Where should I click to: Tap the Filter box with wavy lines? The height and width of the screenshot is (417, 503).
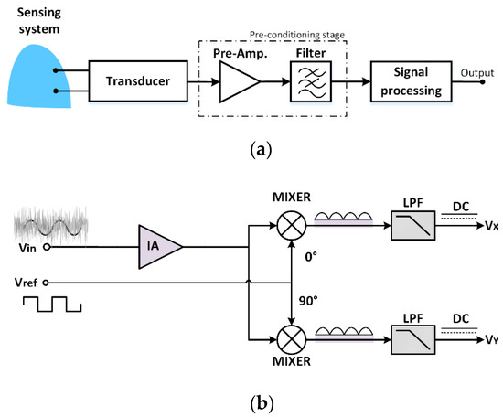pyautogui.click(x=311, y=81)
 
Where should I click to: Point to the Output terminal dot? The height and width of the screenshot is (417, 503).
pyautogui.click(x=482, y=81)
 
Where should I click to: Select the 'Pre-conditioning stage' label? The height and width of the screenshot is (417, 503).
pyautogui.click(x=297, y=35)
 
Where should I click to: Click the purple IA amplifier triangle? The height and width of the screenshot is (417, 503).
pyautogui.click(x=160, y=247)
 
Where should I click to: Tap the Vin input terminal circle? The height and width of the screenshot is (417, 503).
pyautogui.click(x=47, y=247)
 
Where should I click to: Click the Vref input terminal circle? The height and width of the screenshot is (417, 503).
pyautogui.click(x=46, y=283)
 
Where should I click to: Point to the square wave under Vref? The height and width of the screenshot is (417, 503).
pyautogui.click(x=52, y=305)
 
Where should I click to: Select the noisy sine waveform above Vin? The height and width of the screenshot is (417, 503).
pyautogui.click(x=51, y=226)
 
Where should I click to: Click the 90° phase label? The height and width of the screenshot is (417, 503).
pyautogui.click(x=308, y=301)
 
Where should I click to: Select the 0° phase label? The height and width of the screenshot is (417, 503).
pyautogui.click(x=311, y=257)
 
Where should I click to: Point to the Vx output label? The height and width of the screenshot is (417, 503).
pyautogui.click(x=491, y=226)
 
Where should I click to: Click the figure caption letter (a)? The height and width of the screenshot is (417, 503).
pyautogui.click(x=261, y=150)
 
